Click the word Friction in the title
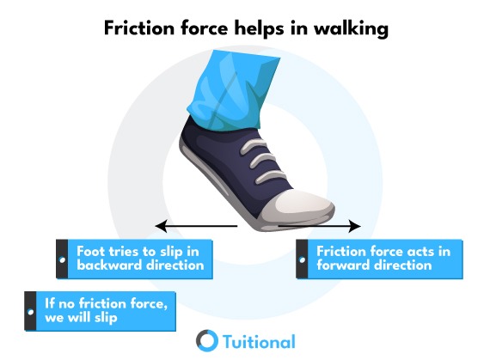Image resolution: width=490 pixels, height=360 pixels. pyautogui.click(x=139, y=28)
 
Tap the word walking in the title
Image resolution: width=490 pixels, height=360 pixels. pyautogui.click(x=351, y=28)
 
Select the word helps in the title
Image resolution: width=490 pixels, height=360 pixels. pyautogui.click(x=259, y=29)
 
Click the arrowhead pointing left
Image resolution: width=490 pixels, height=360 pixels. pyautogui.click(x=162, y=226)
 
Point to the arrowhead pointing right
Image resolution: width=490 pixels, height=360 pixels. pyautogui.click(x=355, y=226)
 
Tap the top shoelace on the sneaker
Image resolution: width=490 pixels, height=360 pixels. pyautogui.click(x=253, y=146)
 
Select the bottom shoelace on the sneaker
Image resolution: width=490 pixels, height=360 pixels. pyautogui.click(x=270, y=176)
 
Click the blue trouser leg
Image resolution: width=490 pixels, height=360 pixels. pyautogui.click(x=232, y=90)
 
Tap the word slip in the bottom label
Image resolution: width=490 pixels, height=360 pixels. pyautogui.click(x=106, y=319)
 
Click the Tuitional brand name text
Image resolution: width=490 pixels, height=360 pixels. pyautogui.click(x=259, y=342)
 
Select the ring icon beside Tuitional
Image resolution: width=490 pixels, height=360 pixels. pyautogui.click(x=207, y=340)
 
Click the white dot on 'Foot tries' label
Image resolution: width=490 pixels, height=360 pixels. pyautogui.click(x=62, y=259)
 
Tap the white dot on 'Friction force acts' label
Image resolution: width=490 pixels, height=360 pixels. pyautogui.click(x=302, y=259)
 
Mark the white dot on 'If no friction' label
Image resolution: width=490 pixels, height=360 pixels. pyautogui.click(x=30, y=312)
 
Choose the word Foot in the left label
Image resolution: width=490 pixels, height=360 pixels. pyautogui.click(x=91, y=252)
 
